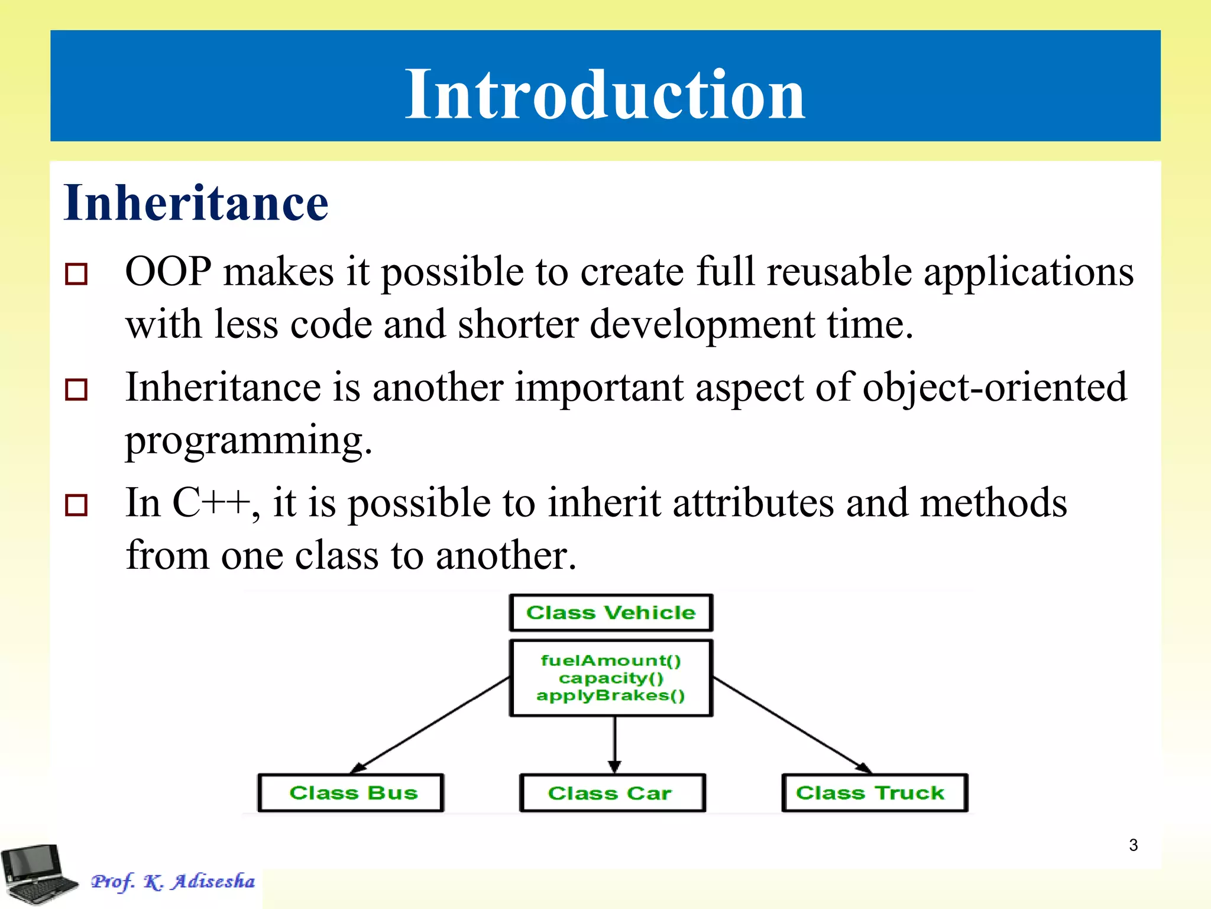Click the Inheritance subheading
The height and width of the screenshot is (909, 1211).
coord(196,203)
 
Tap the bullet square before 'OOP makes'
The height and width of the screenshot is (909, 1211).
coord(76,274)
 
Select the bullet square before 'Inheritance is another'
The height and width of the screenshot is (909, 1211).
coord(76,389)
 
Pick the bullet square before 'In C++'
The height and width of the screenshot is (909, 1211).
coord(76,505)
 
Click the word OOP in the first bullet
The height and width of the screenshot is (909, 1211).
coord(168,272)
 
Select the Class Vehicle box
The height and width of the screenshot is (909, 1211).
coord(611,613)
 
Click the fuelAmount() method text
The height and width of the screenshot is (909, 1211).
coord(611,660)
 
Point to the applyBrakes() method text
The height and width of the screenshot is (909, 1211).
coord(611,695)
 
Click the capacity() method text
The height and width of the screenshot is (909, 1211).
coord(611,678)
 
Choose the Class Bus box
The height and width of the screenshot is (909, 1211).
coord(351,792)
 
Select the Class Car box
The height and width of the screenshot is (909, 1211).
coord(612,792)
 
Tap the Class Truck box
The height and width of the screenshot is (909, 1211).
coord(874,792)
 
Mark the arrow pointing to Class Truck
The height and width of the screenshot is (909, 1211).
coord(792,725)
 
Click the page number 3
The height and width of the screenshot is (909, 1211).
coord(1133,845)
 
